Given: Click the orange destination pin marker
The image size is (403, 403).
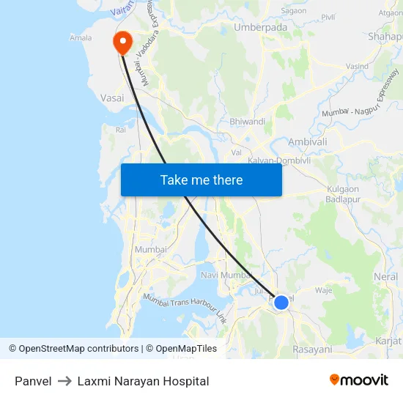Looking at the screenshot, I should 121,42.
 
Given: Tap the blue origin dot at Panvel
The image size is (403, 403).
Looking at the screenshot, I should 281,301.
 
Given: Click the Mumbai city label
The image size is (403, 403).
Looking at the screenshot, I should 151,249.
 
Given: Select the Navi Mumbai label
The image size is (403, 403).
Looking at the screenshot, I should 226,275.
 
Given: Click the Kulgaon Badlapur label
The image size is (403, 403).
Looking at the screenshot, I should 342,195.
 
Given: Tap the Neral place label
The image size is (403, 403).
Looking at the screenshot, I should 385,277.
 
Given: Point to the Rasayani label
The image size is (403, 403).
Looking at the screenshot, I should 312,350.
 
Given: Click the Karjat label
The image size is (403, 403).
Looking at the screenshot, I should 388,341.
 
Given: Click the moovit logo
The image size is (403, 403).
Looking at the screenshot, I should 359,380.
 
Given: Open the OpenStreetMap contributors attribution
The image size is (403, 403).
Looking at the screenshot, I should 73,349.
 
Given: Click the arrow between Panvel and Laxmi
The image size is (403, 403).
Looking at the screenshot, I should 64,381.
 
